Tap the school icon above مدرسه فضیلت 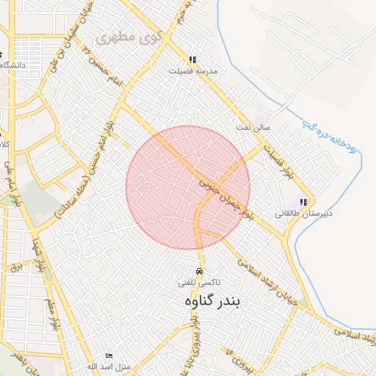[x=192, y=60]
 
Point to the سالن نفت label [x=253, y=128]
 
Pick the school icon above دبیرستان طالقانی [x=304, y=202]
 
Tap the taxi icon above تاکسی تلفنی [x=200, y=270]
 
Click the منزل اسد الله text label [x=108, y=366]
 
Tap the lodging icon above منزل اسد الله [x=109, y=355]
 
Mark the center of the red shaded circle [x=188, y=187]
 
